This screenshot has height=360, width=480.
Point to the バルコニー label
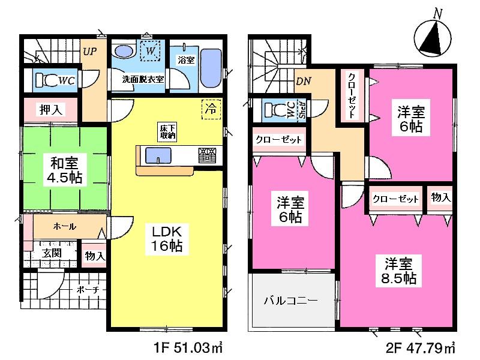coord(290,299)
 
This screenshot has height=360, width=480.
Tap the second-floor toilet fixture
coord(278,110)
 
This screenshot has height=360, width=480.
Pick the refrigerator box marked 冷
coord(211,110)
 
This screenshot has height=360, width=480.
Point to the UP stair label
coord(90,50)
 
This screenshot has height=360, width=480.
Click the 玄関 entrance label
coord(52,253)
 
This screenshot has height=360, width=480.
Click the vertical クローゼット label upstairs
coord(351,97)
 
